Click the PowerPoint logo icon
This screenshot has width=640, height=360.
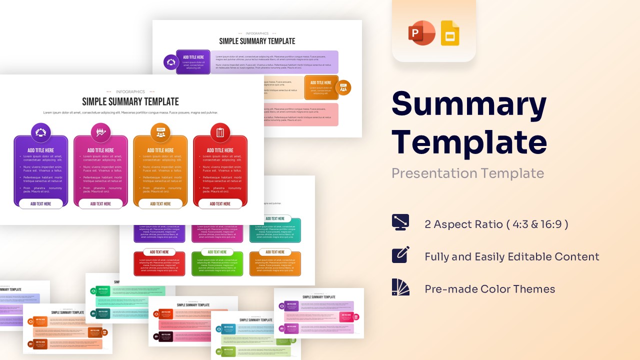(x=421, y=33)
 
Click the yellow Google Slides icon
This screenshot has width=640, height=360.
(x=450, y=33)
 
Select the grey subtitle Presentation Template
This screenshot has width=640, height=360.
(x=467, y=173)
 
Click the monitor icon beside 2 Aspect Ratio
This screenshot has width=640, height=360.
(x=400, y=222)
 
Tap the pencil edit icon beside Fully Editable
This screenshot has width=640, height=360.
(x=400, y=254)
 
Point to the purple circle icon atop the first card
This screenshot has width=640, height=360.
(x=41, y=132)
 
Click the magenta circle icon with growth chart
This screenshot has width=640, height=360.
(x=100, y=132)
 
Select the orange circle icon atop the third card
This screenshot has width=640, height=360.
(x=160, y=132)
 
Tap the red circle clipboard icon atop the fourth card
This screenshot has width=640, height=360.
(x=220, y=132)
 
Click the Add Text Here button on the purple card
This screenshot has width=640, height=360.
(x=41, y=204)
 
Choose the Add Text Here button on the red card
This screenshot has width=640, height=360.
(x=220, y=204)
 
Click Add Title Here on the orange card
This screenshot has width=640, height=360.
(x=160, y=150)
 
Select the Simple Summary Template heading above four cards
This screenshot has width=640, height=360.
(x=130, y=102)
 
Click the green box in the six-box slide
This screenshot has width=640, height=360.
(x=217, y=264)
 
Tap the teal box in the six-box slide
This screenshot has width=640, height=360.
(x=275, y=231)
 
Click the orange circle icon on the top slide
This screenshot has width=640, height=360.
(x=343, y=87)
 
